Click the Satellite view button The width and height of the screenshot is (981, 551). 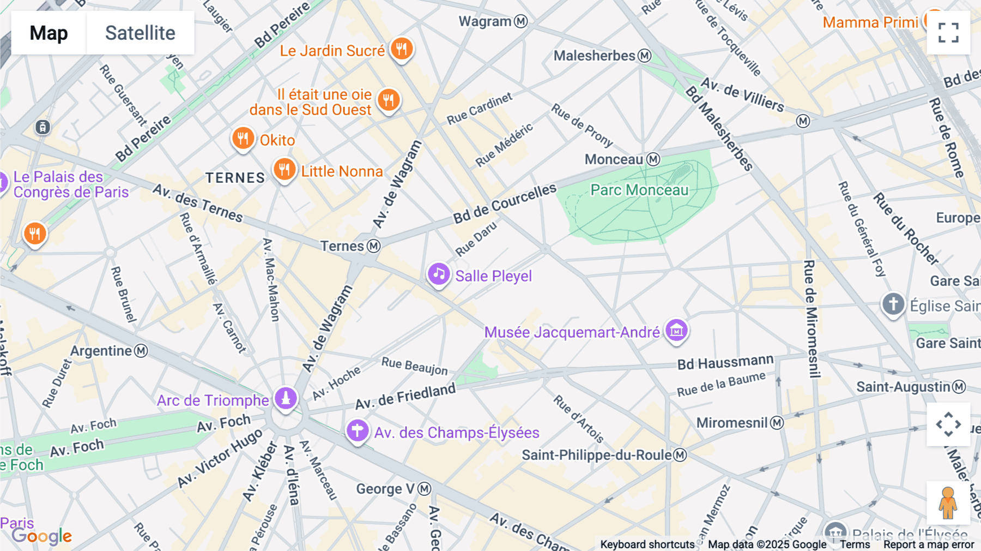point(140,33)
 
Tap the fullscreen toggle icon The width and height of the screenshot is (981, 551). point(948,33)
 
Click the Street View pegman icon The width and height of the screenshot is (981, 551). point(948,503)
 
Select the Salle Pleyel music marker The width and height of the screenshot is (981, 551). point(439,274)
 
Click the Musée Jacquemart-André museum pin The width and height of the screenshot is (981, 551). point(676,330)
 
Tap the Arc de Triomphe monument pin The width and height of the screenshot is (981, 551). point(286,398)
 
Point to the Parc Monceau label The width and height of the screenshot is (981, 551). point(639,190)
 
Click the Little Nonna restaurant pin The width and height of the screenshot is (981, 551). point(284,170)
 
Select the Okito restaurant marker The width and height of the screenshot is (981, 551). point(243,139)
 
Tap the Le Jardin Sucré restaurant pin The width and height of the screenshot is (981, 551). point(402,49)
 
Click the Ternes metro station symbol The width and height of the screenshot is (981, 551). point(373,246)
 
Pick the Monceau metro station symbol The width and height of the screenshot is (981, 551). point(653,159)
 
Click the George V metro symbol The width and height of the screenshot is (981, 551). point(424,489)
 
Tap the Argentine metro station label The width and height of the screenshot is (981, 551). point(101,351)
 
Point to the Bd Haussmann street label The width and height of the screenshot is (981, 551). point(725,362)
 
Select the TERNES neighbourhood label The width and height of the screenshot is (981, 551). point(235,178)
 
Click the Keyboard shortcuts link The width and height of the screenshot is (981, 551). point(647,544)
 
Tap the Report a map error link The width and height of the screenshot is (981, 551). point(928,544)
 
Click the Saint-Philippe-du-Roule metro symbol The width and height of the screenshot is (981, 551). point(680,455)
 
